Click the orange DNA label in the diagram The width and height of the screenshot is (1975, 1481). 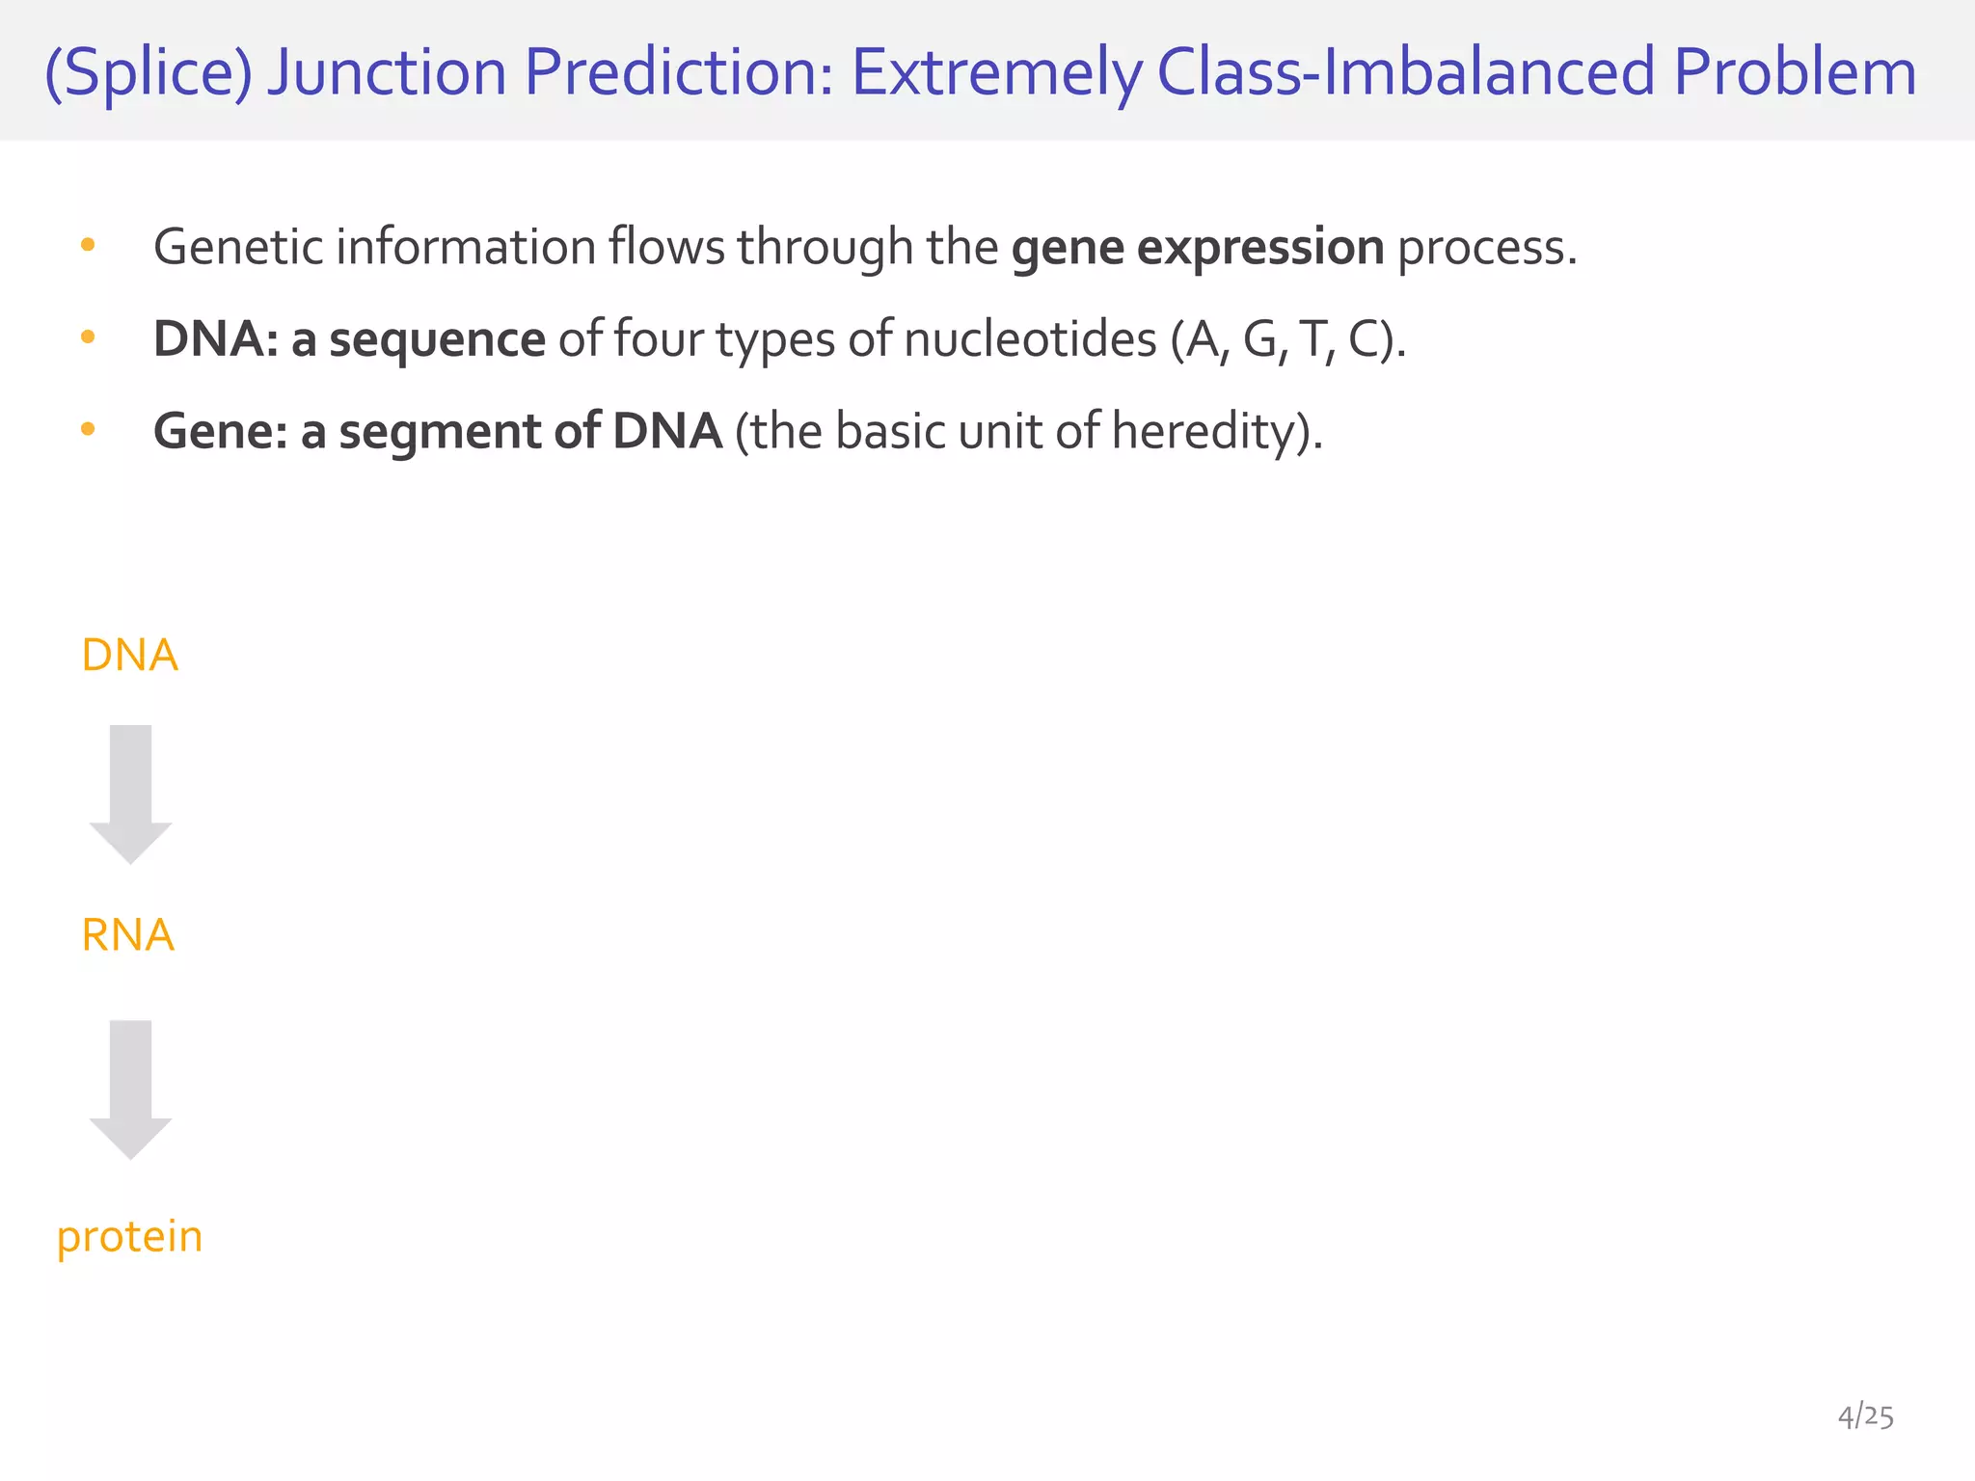(x=129, y=656)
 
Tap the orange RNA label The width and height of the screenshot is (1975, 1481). (x=128, y=935)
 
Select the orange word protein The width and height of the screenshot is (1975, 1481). (x=130, y=1237)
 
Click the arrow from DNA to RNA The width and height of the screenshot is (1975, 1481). (x=130, y=793)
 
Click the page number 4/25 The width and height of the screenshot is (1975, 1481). (x=1865, y=1416)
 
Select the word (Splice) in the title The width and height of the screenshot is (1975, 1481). (x=149, y=73)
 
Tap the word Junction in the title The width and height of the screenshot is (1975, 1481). (x=387, y=73)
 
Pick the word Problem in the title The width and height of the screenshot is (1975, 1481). (x=1795, y=73)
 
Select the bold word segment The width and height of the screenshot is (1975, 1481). (x=440, y=431)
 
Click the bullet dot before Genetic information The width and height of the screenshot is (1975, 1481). (x=88, y=246)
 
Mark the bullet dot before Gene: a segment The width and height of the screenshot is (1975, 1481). (x=88, y=429)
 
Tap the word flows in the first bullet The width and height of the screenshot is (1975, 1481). (x=665, y=248)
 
